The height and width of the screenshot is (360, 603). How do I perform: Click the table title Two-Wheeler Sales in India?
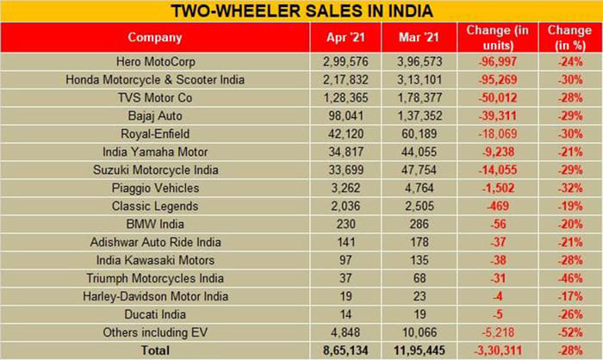(x=301, y=11)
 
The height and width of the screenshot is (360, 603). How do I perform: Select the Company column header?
(x=155, y=37)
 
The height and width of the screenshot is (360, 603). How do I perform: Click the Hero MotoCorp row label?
(x=155, y=63)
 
